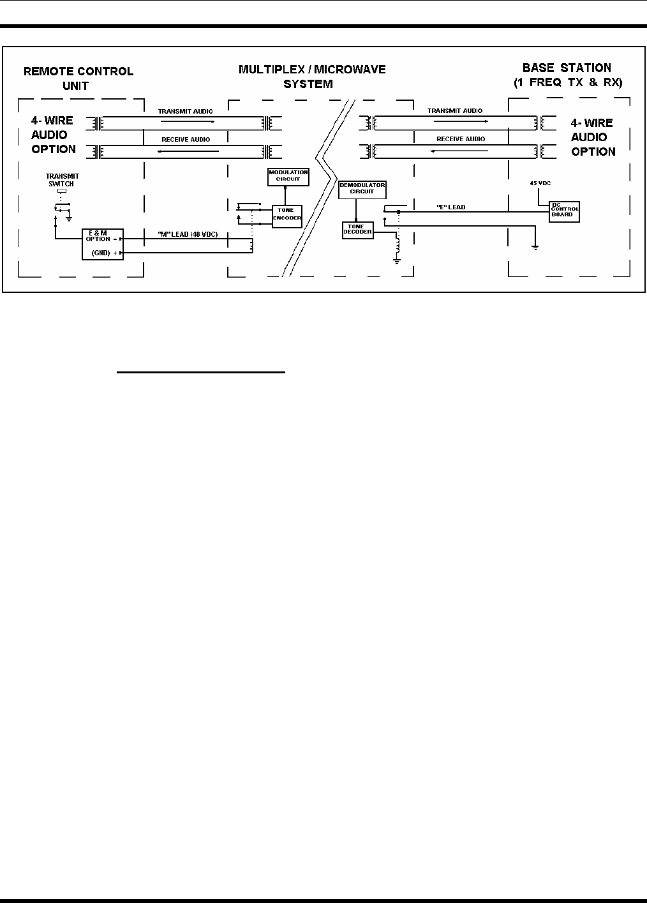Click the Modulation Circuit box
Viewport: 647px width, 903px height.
click(x=288, y=176)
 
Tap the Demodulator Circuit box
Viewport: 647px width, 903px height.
click(x=362, y=188)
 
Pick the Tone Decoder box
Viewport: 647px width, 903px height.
click(x=357, y=230)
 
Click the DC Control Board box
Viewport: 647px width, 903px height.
click(x=565, y=211)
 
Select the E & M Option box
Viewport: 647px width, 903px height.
click(x=102, y=244)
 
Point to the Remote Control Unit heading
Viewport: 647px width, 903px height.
click(x=78, y=78)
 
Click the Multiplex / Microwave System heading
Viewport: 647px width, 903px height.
click(x=312, y=76)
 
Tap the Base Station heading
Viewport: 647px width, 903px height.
click(x=567, y=75)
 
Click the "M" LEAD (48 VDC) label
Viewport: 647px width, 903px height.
click(x=188, y=234)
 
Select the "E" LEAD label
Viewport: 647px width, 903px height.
click(x=451, y=207)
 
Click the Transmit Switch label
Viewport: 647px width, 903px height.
click(x=63, y=180)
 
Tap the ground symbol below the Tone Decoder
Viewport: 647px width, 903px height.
click(x=397, y=260)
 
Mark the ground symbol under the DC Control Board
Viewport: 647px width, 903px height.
click(x=536, y=247)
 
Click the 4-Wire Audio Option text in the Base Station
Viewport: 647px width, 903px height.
click(x=593, y=137)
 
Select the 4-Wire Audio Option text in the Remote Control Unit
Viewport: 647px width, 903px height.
click(x=54, y=135)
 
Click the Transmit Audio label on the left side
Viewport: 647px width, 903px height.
click(x=186, y=111)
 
